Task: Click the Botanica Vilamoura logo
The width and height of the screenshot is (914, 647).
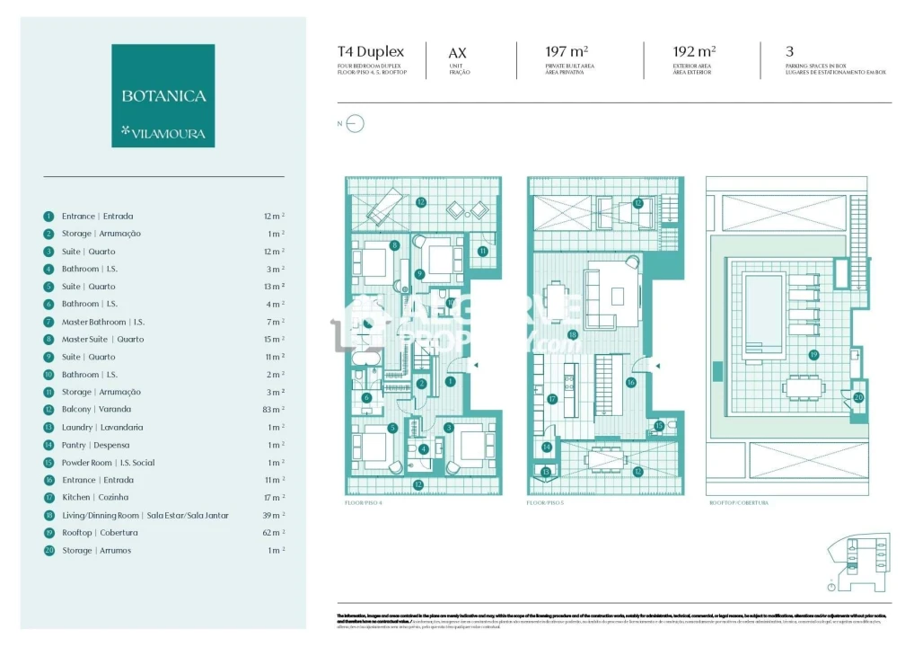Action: click(163, 96)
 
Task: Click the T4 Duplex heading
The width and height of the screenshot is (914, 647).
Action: click(371, 52)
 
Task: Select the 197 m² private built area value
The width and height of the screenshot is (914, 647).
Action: click(567, 52)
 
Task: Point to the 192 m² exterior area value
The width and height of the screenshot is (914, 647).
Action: click(694, 52)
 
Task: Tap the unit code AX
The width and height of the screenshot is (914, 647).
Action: click(457, 54)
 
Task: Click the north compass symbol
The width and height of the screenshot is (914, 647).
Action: click(355, 125)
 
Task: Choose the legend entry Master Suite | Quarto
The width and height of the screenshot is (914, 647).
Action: click(102, 339)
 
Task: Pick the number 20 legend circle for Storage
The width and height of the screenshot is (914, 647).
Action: click(48, 550)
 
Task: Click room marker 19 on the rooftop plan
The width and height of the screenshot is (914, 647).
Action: click(813, 354)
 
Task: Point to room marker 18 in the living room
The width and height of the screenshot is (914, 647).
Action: click(572, 334)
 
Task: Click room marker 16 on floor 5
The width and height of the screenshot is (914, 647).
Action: click(630, 382)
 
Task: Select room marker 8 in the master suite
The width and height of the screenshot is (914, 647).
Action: click(393, 244)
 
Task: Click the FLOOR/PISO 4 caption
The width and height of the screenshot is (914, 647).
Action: click(364, 503)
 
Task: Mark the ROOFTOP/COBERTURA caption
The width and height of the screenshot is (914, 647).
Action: click(737, 503)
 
